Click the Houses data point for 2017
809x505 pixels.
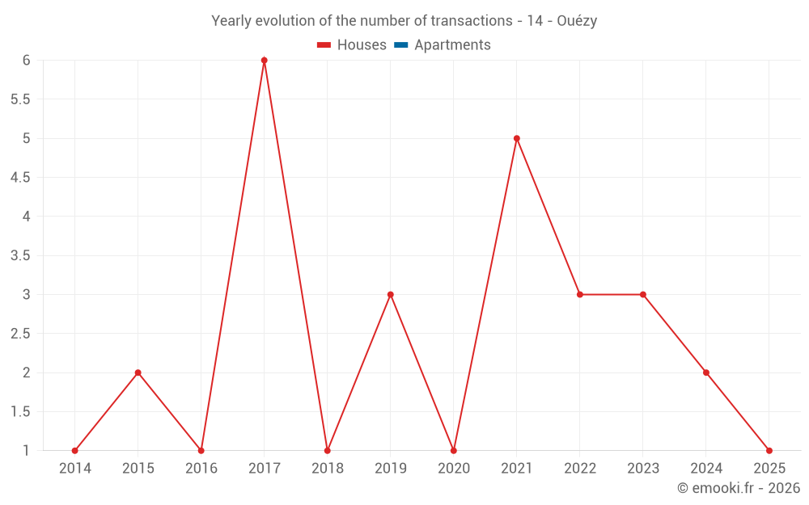[x=265, y=61]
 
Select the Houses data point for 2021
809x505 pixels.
[x=517, y=138]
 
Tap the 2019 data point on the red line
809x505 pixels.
[x=391, y=294]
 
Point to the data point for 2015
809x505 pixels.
[x=138, y=372]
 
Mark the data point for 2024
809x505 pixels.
[x=706, y=372]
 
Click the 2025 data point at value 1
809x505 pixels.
[x=769, y=450]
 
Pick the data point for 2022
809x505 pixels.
[x=580, y=294]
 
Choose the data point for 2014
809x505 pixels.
[x=75, y=450]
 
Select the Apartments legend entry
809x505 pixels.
[x=452, y=45]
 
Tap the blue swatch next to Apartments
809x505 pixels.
[x=401, y=45]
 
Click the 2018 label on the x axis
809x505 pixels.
[x=328, y=469]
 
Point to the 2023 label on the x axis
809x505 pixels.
[x=643, y=469]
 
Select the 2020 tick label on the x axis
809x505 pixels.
[x=454, y=469]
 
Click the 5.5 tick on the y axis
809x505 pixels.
[x=20, y=99]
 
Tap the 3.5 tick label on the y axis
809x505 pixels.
[x=20, y=255]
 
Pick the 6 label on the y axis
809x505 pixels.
[x=27, y=61]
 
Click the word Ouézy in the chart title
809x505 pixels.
[x=577, y=21]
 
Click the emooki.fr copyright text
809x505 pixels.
[x=739, y=488]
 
